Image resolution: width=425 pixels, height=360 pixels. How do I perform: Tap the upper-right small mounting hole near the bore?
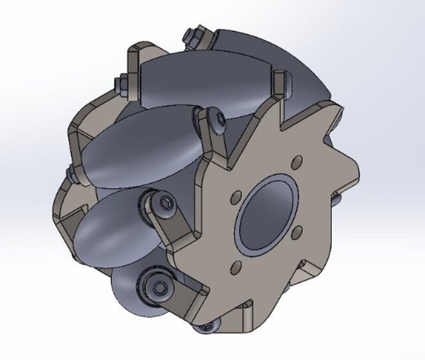297,160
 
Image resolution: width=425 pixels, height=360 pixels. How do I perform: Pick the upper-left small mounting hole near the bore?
234,197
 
